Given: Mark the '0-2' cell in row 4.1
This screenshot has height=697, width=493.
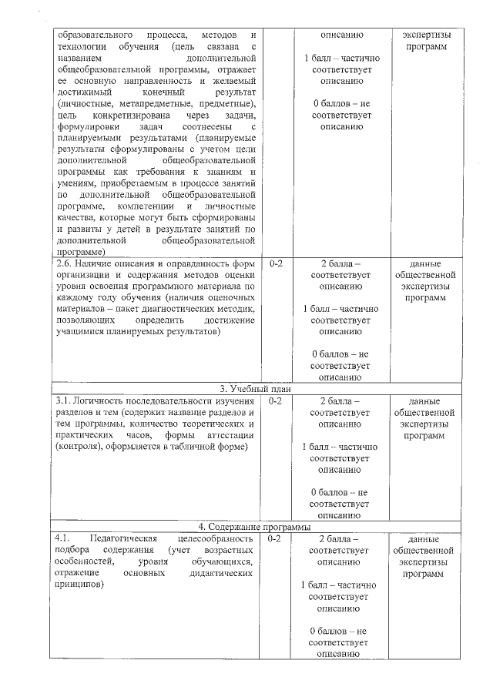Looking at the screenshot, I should (x=276, y=539).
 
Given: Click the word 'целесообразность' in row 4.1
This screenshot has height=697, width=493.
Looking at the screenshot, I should (x=214, y=539).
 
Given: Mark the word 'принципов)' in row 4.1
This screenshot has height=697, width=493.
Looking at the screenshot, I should (x=79, y=585).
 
